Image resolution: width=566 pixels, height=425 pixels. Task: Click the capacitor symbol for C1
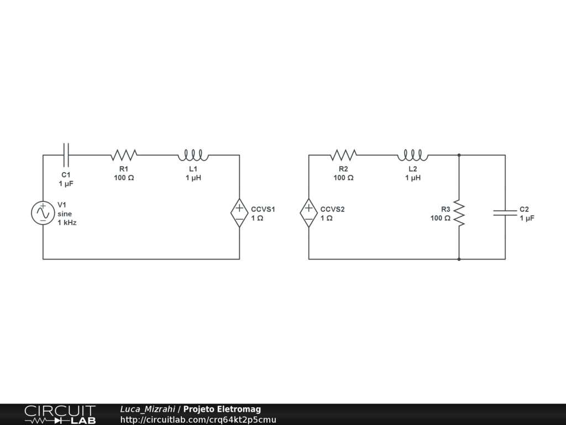(x=66, y=155)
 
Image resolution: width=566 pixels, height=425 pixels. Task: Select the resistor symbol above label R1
(x=124, y=154)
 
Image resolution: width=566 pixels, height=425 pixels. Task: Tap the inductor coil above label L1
(x=193, y=154)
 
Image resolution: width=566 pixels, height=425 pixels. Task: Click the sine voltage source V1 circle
(x=43, y=213)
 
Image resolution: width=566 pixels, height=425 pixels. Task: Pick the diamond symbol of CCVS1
(x=239, y=213)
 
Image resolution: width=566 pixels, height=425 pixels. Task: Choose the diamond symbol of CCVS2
(x=309, y=213)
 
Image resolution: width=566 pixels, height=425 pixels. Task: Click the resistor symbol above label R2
(x=343, y=154)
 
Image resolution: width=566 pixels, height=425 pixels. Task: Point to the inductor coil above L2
(x=412, y=154)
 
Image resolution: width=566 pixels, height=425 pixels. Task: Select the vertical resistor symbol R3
(x=459, y=213)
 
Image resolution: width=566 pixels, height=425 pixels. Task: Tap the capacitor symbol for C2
(x=505, y=212)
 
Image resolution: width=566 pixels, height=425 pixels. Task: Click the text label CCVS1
(x=263, y=209)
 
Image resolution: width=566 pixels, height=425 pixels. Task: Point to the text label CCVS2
(x=332, y=209)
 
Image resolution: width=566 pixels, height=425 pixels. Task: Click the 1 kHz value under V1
(x=67, y=222)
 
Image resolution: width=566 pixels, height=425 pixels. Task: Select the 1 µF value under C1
(x=66, y=183)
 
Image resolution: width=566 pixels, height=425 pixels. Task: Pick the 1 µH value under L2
(x=413, y=178)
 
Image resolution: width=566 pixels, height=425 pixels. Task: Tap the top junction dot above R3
(x=459, y=155)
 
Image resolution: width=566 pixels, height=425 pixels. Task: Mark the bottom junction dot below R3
(x=459, y=259)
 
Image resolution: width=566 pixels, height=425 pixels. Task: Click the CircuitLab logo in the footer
(x=60, y=414)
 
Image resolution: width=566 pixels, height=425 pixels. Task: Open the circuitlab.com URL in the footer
(x=198, y=419)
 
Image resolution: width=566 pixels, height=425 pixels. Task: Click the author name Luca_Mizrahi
(x=148, y=409)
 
